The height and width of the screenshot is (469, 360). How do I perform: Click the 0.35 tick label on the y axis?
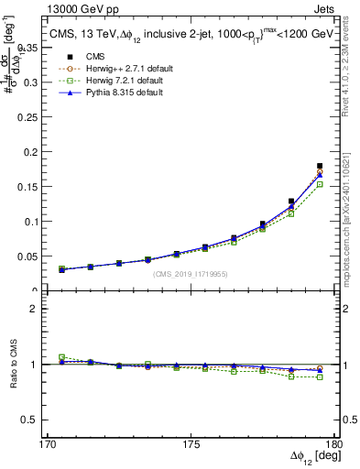point(39,47)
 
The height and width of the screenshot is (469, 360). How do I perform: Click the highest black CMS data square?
point(320,166)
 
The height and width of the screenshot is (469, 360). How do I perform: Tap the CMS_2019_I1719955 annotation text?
point(191,274)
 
